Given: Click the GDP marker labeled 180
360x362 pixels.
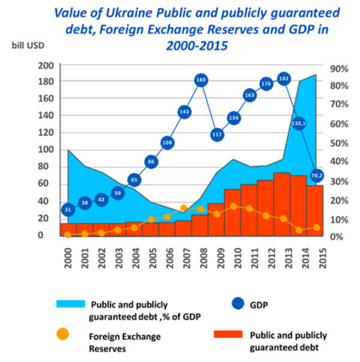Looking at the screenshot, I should [x=202, y=80].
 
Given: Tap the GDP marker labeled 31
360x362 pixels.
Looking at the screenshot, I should [x=68, y=209].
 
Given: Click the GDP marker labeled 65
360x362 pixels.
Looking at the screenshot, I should [x=134, y=180].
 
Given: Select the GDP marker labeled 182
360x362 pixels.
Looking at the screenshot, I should [x=284, y=79].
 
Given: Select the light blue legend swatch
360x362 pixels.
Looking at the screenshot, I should [x=70, y=304].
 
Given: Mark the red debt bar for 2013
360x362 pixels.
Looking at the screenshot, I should [x=281, y=204].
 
